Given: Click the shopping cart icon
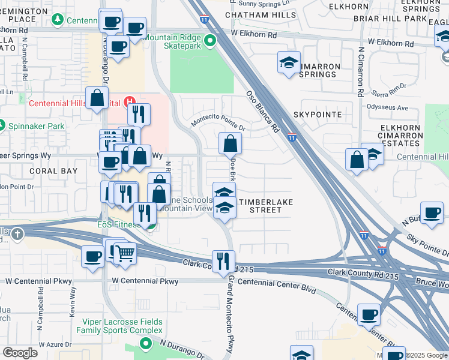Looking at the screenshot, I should (125, 253).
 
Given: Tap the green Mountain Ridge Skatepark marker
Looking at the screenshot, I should (209, 41).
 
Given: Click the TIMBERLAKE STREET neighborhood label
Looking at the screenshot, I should (265, 206).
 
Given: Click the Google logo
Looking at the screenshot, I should (20, 352).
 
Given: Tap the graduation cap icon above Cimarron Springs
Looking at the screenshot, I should (289, 62).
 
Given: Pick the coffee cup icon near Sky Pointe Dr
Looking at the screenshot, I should (432, 213).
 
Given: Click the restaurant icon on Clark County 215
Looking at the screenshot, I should (223, 260).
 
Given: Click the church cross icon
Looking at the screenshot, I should (17, 233).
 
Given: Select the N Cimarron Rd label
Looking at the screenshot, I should (361, 72).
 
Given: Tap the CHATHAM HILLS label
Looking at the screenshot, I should (253, 14).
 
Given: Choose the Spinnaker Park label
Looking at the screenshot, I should (35, 126).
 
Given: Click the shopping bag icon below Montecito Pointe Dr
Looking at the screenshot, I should (230, 143).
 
